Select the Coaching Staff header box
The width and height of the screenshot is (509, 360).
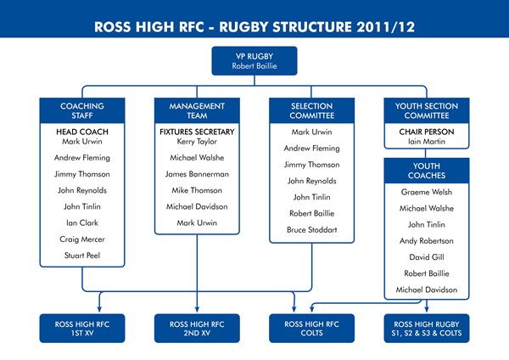coord(82,111)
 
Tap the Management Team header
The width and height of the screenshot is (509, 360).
coord(197,111)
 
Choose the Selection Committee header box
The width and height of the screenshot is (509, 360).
coord(311,111)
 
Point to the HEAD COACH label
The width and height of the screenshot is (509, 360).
coord(82,132)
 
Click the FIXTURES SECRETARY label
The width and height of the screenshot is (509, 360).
coord(197,132)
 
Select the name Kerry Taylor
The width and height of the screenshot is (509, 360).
coord(197,142)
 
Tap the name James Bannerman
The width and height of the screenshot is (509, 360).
coord(197,174)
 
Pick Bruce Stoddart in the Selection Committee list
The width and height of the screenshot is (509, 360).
coord(311,229)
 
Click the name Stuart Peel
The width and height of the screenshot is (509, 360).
coord(82,255)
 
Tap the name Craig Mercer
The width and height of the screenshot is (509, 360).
coord(82,239)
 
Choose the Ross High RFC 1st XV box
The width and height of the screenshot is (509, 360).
coord(82,327)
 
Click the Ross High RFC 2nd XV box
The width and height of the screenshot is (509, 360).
coord(197,327)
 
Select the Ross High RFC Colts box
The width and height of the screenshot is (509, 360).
coord(311,327)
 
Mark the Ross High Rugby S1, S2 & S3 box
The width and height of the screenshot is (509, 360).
coord(427,327)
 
